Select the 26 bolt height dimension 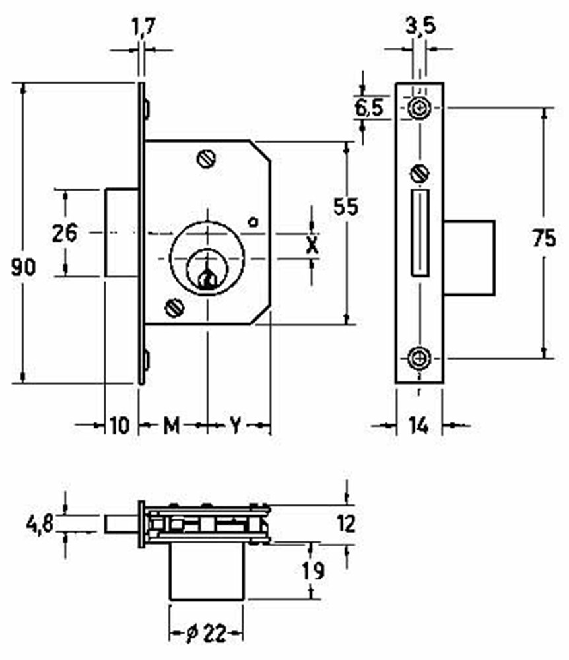[x=65, y=233]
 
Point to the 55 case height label [x=345, y=207]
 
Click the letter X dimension [x=313, y=245]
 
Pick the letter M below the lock [x=172, y=426]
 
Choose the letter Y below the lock [x=235, y=426]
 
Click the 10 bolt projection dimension [x=119, y=426]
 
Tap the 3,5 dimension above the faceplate [x=419, y=27]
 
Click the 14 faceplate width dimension [x=418, y=426]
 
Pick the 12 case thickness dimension [x=345, y=524]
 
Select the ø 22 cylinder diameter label [x=205, y=634]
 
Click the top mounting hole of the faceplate [x=418, y=108]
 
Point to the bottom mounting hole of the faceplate [x=418, y=358]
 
